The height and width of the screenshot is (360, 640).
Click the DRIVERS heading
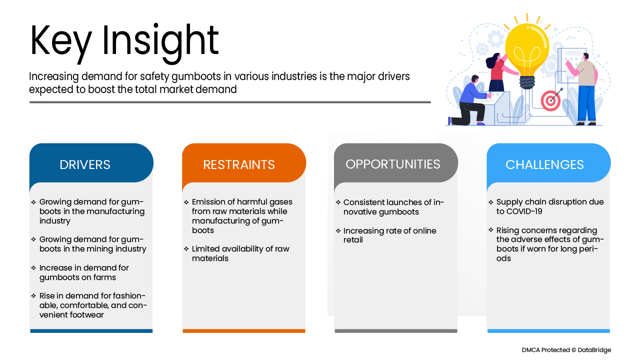[85, 164]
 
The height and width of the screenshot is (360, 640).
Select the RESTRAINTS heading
[239, 164]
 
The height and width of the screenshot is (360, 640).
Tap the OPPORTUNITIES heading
[393, 164]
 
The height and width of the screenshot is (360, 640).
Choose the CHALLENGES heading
[544, 164]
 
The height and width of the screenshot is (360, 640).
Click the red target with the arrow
[550, 100]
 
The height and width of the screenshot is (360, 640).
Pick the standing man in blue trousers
[584, 89]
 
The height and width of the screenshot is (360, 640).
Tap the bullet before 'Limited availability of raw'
[186, 249]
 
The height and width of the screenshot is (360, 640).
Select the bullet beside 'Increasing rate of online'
[338, 230]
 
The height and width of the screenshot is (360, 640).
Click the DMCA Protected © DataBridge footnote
[566, 350]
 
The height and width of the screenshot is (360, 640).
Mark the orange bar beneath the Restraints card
[244, 331]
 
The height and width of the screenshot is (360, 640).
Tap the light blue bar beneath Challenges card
[548, 331]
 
